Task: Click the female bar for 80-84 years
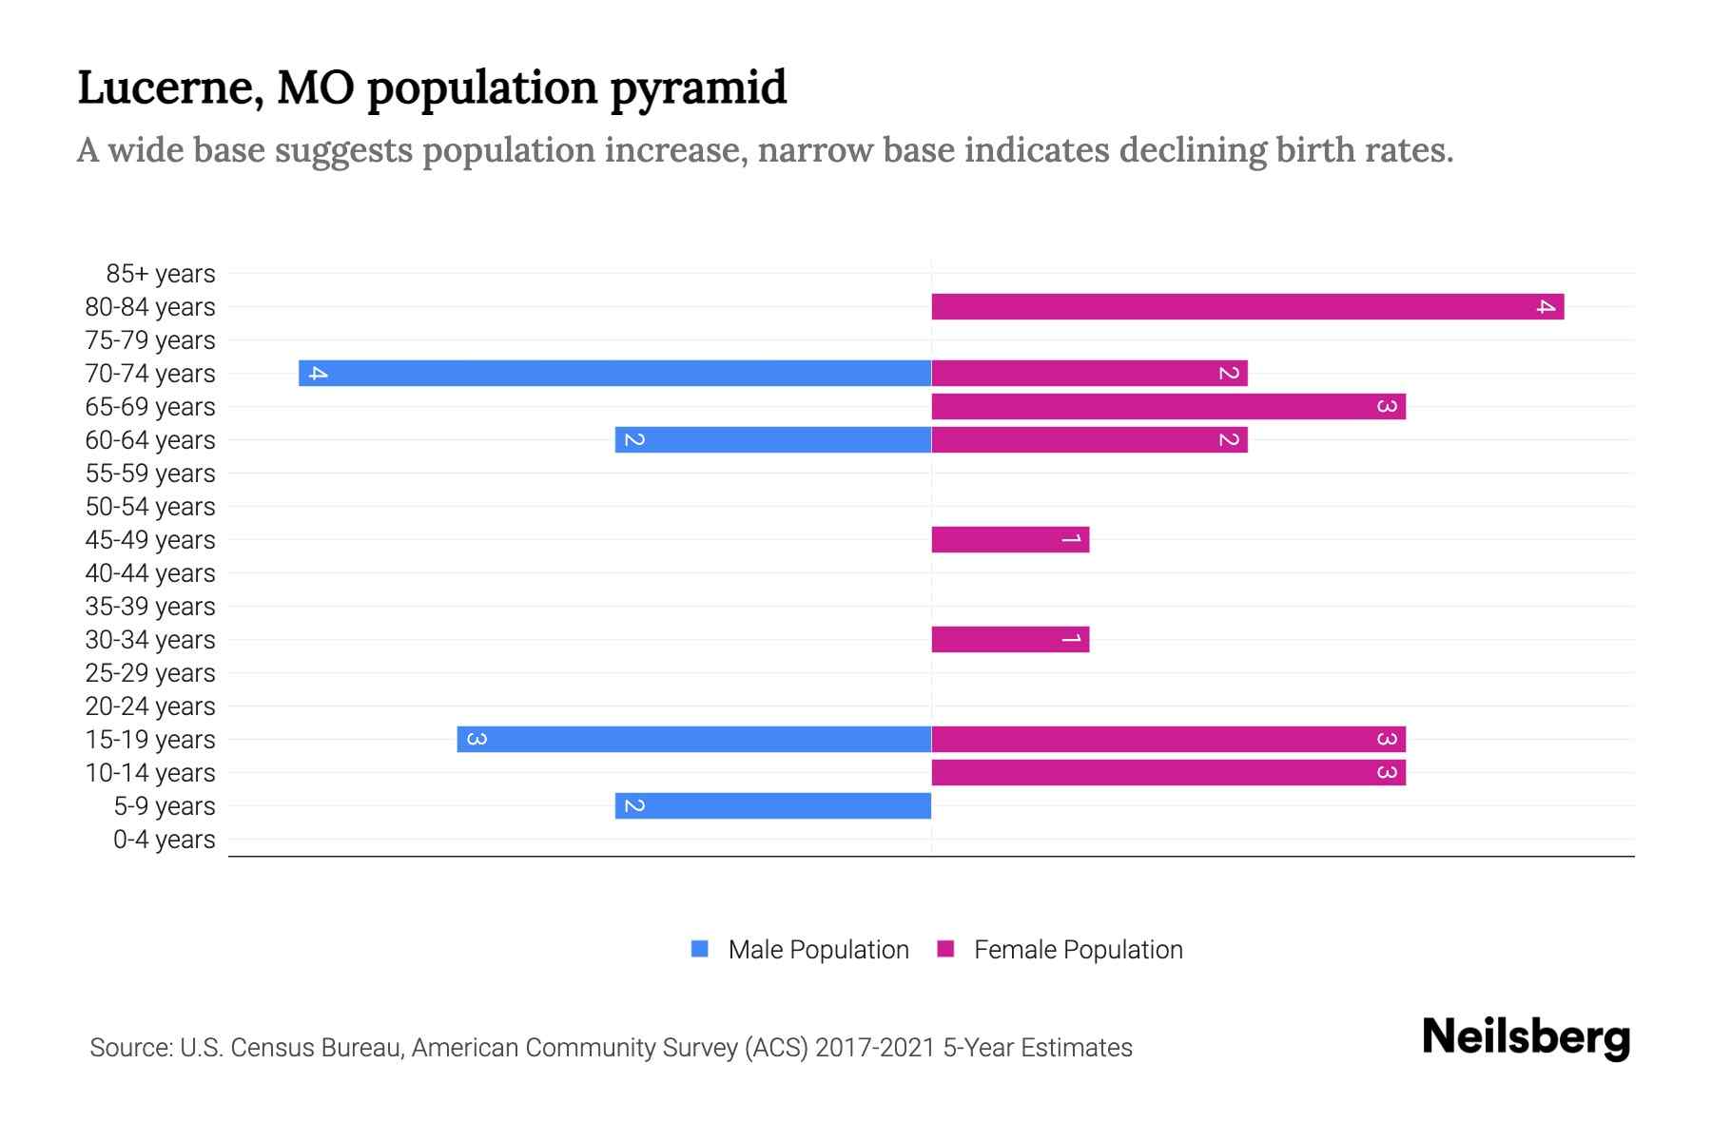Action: [1247, 306]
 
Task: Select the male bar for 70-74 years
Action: [614, 373]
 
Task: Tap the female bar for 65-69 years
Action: [1168, 406]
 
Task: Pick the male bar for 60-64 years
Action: [772, 439]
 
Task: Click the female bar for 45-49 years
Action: [1010, 539]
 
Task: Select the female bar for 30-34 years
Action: [1010, 639]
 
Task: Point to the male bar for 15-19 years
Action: [693, 739]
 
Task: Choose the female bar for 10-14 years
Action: [1168, 772]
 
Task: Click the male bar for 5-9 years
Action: [772, 805]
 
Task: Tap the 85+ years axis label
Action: [160, 274]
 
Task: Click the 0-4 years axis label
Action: [164, 840]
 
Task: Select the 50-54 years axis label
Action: [150, 507]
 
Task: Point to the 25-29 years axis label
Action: [150, 673]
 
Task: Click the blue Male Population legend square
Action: [700, 949]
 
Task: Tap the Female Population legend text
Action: [1078, 950]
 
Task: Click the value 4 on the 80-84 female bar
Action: [1546, 306]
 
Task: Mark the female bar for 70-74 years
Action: [1089, 373]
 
